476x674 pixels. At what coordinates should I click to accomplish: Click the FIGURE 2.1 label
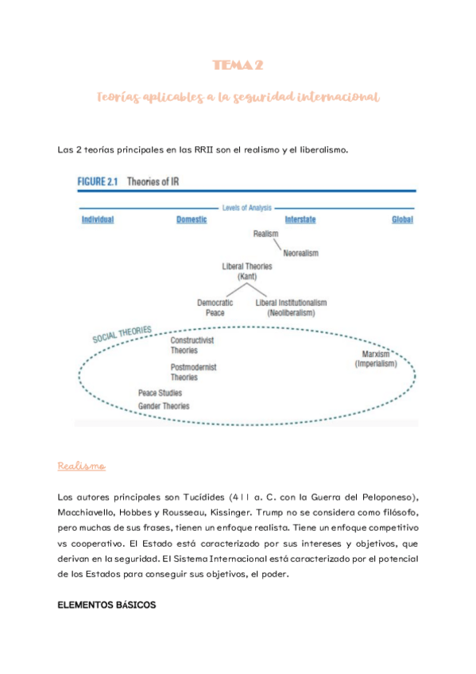pyautogui.click(x=97, y=181)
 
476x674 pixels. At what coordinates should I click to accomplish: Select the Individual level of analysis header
pyautogui.click(x=98, y=219)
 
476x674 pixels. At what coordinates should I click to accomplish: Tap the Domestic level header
pyautogui.click(x=192, y=219)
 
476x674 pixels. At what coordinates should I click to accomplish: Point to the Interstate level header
pyautogui.click(x=304, y=219)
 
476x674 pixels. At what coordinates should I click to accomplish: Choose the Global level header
pyautogui.click(x=402, y=219)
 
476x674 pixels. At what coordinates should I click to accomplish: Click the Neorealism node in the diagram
pyautogui.click(x=300, y=254)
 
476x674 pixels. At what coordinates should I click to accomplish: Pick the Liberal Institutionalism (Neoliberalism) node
pyautogui.click(x=291, y=308)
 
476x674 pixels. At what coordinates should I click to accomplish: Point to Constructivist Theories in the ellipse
pyautogui.click(x=197, y=345)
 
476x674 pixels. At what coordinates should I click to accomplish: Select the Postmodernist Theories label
pyautogui.click(x=193, y=372)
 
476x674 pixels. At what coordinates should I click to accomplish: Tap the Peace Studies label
pyautogui.click(x=160, y=393)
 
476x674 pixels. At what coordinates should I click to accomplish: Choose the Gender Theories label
pyautogui.click(x=164, y=406)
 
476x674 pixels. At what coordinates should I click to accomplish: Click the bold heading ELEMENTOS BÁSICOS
pyautogui.click(x=107, y=606)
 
